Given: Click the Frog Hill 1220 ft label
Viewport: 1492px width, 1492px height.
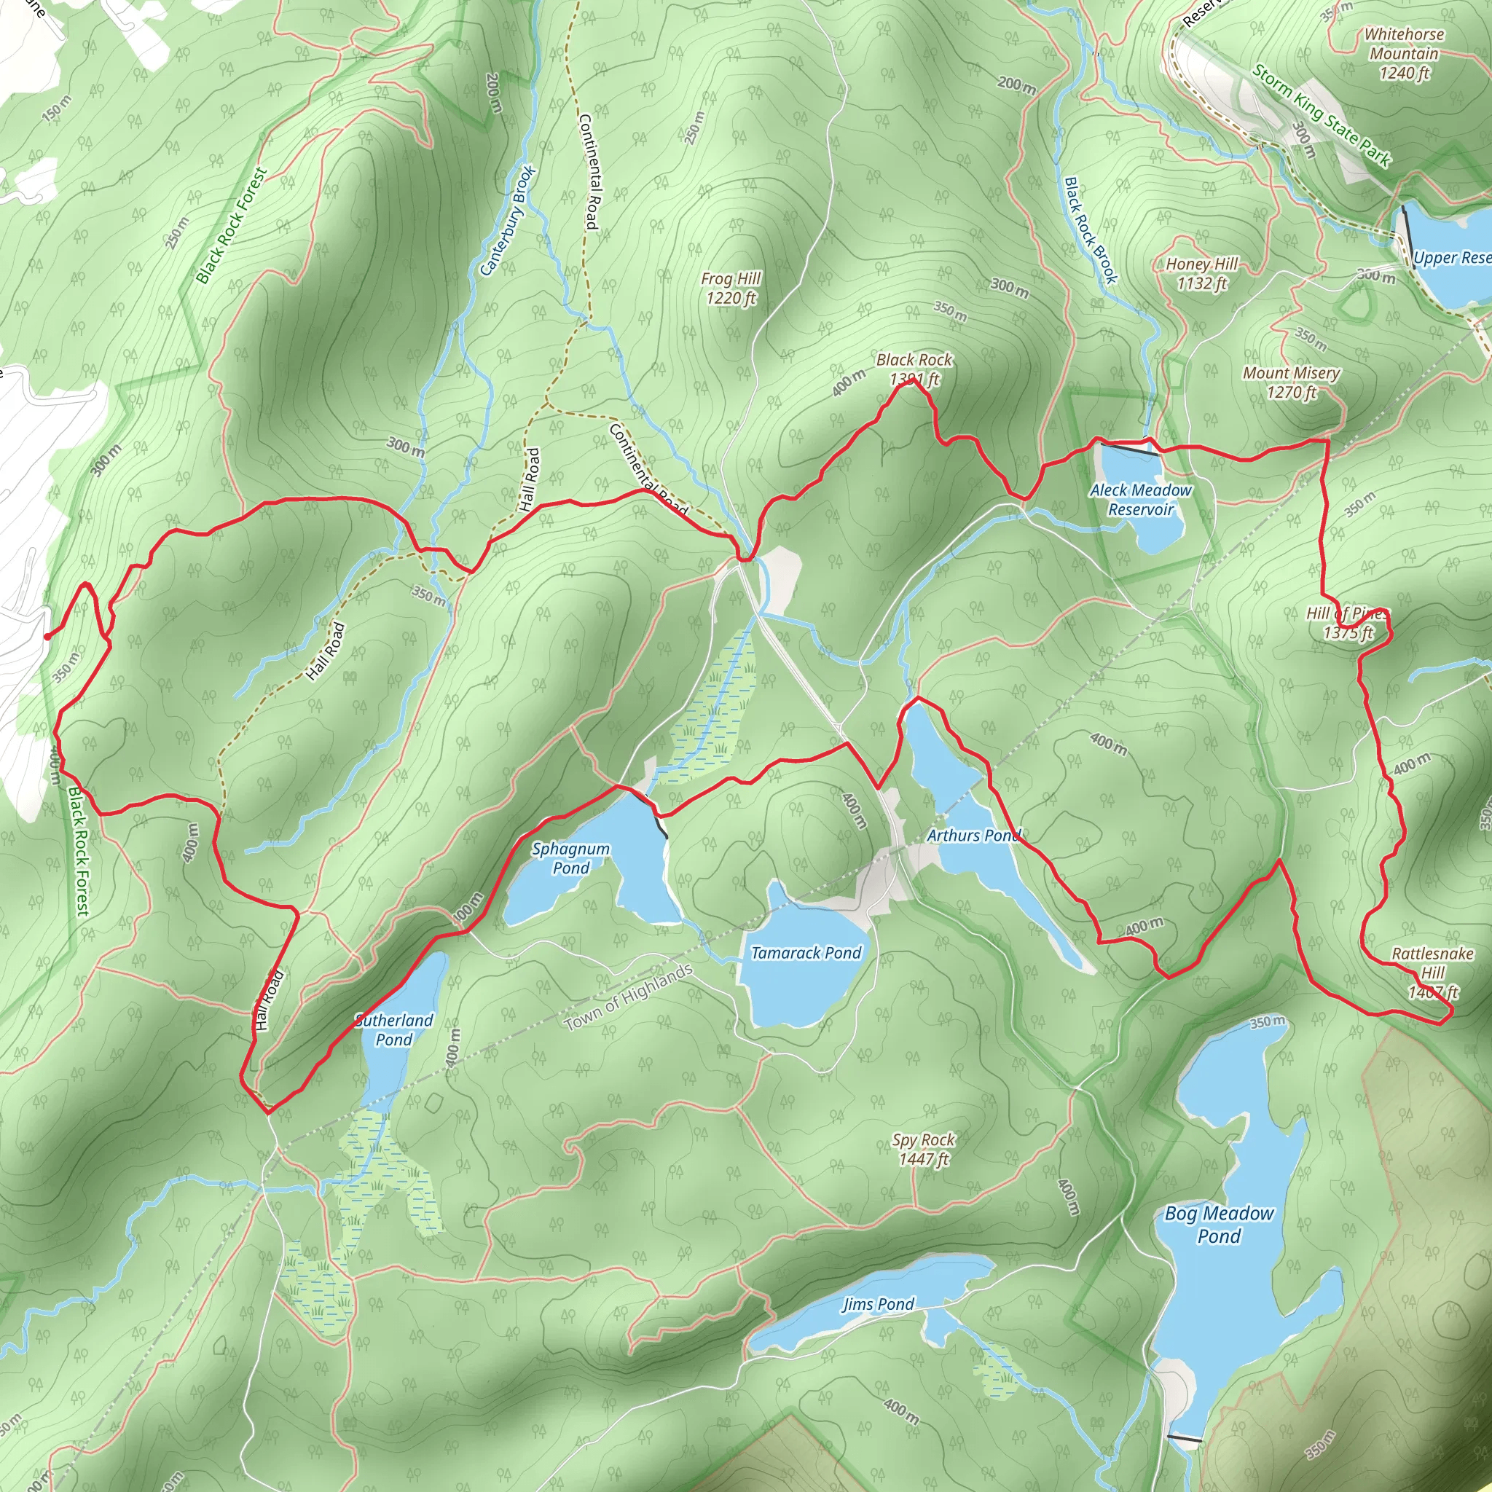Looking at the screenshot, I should (731, 288).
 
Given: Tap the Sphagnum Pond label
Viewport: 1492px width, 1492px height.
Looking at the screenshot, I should (570, 858).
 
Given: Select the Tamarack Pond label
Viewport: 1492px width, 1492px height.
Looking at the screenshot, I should (806, 953).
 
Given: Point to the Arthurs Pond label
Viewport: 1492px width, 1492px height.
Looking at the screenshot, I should (974, 835).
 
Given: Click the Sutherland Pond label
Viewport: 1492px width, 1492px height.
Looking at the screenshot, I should (394, 1029).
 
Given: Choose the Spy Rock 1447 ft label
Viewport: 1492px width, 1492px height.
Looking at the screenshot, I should (924, 1149).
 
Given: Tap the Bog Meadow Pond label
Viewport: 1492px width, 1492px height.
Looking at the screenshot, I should (1220, 1224).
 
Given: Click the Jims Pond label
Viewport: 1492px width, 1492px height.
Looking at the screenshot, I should (878, 1304).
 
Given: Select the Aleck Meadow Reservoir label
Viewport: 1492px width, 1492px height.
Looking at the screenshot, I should (1141, 500).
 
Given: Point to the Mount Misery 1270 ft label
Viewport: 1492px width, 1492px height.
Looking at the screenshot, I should (1291, 382).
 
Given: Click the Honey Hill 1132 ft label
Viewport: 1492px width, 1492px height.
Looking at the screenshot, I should (1201, 273).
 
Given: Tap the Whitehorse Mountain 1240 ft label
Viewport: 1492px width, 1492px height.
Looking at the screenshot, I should (1404, 53).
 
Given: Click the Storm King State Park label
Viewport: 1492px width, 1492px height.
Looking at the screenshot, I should (1322, 117).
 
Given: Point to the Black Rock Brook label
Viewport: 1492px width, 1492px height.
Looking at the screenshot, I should (1091, 230).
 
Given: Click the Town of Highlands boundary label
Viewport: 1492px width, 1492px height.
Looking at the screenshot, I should (628, 997).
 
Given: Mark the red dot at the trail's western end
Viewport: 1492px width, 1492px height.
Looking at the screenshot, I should (48, 637).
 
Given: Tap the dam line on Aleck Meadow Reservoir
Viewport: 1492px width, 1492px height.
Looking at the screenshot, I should (1129, 449).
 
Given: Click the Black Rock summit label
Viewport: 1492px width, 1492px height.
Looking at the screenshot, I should (914, 369).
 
